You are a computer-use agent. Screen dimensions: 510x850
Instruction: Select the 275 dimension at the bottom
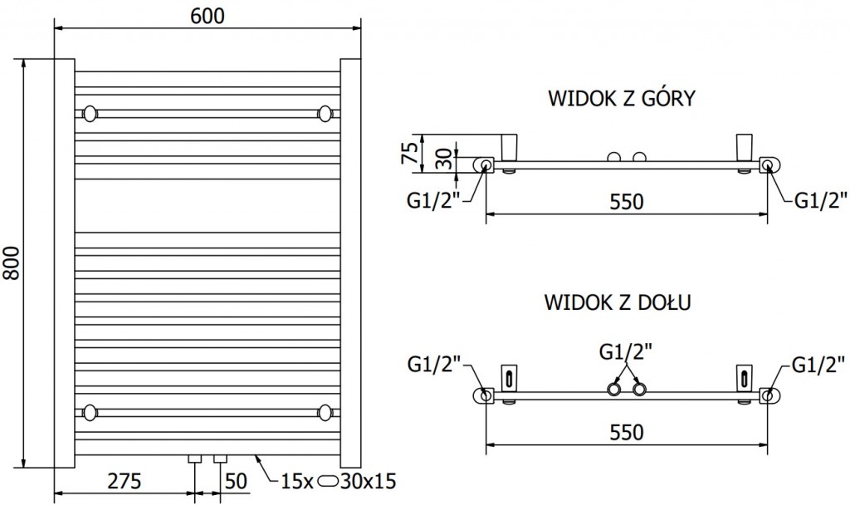click(124, 480)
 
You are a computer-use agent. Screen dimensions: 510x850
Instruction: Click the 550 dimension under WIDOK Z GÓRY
click(627, 202)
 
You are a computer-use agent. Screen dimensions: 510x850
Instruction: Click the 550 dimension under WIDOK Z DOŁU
click(627, 432)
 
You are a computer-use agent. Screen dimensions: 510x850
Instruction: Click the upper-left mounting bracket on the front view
click(90, 112)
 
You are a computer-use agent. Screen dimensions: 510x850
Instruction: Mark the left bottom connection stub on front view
click(195, 459)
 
